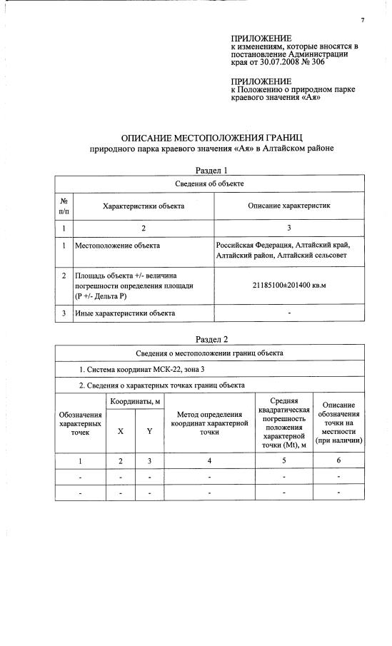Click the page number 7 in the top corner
point(363,20)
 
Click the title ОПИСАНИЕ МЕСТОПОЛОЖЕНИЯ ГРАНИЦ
point(212,136)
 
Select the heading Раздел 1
point(211,171)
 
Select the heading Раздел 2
point(211,339)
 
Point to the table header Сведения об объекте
point(210,184)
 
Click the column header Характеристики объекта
point(144,206)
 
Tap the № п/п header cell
point(64,206)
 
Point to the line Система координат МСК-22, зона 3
point(144,369)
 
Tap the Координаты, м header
point(135,403)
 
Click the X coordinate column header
point(120,431)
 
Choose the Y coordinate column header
point(149,431)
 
